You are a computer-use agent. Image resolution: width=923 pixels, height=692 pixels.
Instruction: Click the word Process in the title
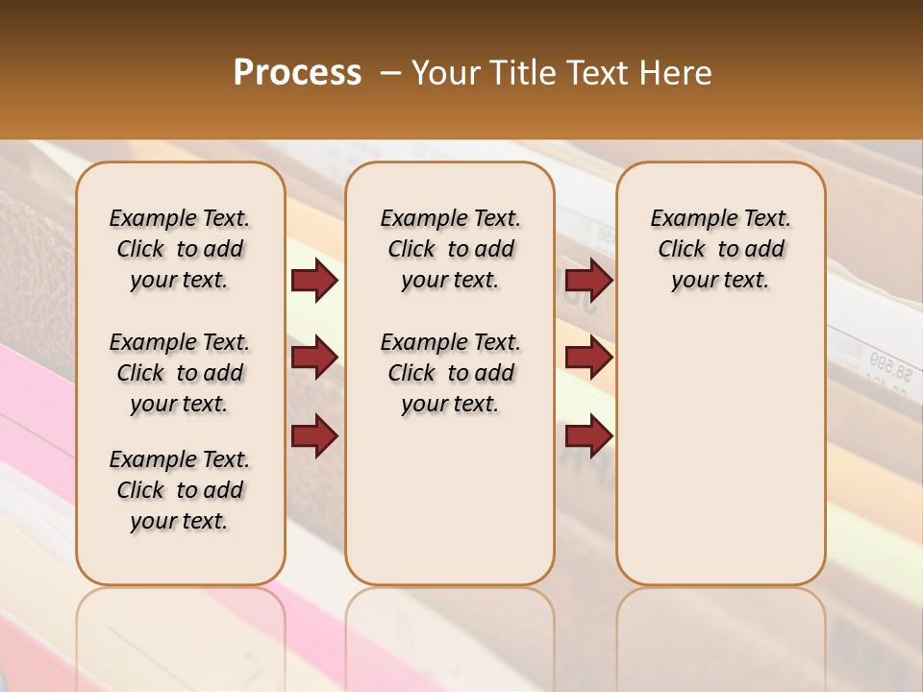point(297,73)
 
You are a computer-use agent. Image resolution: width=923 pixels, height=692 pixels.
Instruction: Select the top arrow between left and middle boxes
point(314,280)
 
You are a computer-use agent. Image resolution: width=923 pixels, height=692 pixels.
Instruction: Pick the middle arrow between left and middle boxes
point(314,358)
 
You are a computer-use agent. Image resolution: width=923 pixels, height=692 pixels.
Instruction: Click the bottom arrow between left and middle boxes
point(314,435)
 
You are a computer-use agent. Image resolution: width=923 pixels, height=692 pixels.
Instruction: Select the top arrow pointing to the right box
point(588,280)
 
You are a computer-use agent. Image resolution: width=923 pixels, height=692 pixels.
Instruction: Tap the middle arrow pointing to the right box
point(588,358)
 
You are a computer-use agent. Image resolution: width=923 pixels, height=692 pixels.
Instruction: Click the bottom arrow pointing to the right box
point(588,436)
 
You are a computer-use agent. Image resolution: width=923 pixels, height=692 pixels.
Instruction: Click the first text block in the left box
point(180,249)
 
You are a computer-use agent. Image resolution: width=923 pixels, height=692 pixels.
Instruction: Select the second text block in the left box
point(180,373)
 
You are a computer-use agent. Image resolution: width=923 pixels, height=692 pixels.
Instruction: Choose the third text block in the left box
point(180,490)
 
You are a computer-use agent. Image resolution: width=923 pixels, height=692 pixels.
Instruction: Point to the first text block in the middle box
point(450,249)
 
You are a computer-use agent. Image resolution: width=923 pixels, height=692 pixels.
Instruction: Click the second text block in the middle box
point(450,373)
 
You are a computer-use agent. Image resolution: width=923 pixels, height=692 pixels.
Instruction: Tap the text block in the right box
point(720,249)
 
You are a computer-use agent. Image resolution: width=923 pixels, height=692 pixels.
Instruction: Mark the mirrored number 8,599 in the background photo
point(890,363)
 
